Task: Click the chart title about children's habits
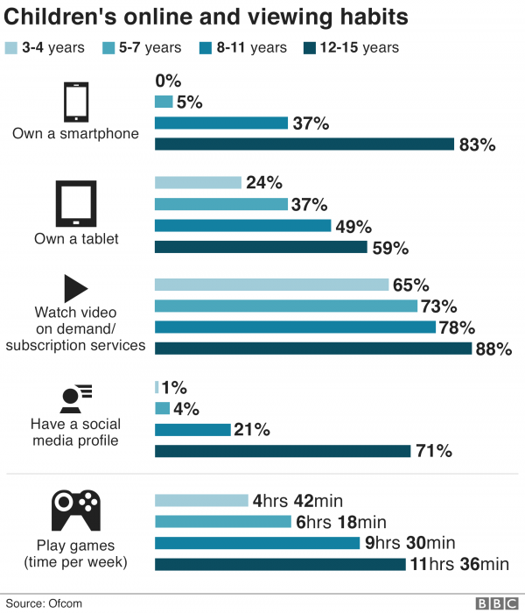tap(208, 17)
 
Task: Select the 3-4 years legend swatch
tap(12, 48)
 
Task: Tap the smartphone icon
tap(75, 102)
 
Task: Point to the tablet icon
tap(75, 204)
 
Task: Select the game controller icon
tap(75, 507)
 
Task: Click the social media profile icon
tap(75, 397)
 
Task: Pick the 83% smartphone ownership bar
tap(304, 144)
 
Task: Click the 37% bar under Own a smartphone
tap(221, 123)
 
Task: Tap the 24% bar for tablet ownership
tap(198, 182)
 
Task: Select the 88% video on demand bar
tap(313, 349)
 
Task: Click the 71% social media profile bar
tap(283, 451)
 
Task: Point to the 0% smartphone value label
tap(167, 81)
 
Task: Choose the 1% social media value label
tap(175, 387)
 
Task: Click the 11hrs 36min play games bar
tap(280, 564)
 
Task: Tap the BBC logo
tap(496, 603)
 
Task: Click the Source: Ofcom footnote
tap(40, 603)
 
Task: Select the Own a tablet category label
tap(75, 238)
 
